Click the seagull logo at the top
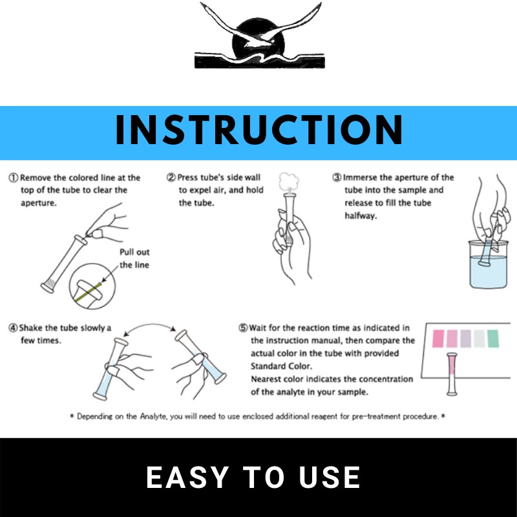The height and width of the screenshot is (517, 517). click(260, 36)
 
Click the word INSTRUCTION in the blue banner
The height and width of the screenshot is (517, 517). click(259, 131)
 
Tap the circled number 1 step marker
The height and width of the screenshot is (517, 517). click(13, 178)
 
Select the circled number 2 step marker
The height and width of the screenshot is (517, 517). click(171, 177)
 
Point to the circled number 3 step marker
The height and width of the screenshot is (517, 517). click(337, 177)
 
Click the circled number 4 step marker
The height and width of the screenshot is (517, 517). click(13, 328)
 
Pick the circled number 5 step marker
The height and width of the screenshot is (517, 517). click(243, 328)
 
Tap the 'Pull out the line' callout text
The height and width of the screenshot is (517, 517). click(134, 258)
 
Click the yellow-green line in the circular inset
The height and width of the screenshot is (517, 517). click(88, 293)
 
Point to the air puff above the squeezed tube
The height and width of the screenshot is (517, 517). click(289, 182)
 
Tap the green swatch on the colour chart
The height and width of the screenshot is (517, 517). click(493, 338)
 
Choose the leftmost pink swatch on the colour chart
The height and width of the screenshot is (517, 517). click(438, 338)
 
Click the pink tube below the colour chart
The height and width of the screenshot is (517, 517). click(452, 374)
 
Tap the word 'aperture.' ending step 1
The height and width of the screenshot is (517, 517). click(39, 203)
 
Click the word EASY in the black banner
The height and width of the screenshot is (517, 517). click(187, 477)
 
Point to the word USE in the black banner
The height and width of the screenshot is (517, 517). click(330, 477)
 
